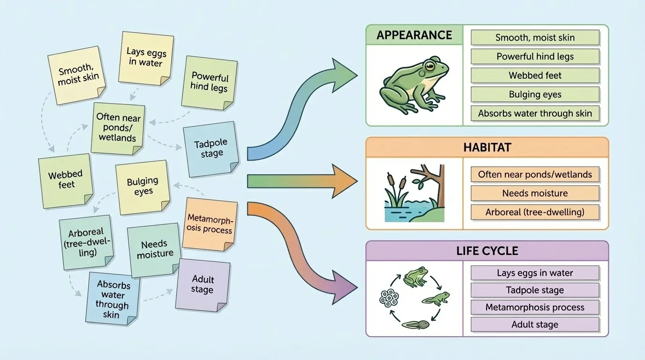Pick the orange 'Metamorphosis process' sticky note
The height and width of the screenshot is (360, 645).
pos(210,224)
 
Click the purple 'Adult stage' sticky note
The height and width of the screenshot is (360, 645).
pos(203,284)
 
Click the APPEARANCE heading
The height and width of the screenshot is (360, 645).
pos(414,35)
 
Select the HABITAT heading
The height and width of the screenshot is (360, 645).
pos(487,147)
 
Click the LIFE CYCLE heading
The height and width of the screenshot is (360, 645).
pos(487,251)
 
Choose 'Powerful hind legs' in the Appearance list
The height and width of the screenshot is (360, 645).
pos(535,57)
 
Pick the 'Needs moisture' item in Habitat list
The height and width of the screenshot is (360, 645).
pos(535,193)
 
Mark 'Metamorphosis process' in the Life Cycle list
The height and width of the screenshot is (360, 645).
pos(535,307)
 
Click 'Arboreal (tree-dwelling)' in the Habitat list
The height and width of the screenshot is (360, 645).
pos(535,212)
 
